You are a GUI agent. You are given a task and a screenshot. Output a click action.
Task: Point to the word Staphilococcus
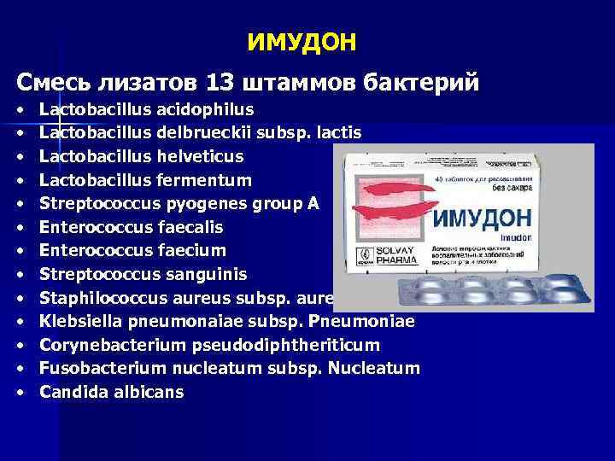[95, 298]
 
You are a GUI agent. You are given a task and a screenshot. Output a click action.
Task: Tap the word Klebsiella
[79, 322]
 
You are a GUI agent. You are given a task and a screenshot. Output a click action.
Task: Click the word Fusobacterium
[92, 368]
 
